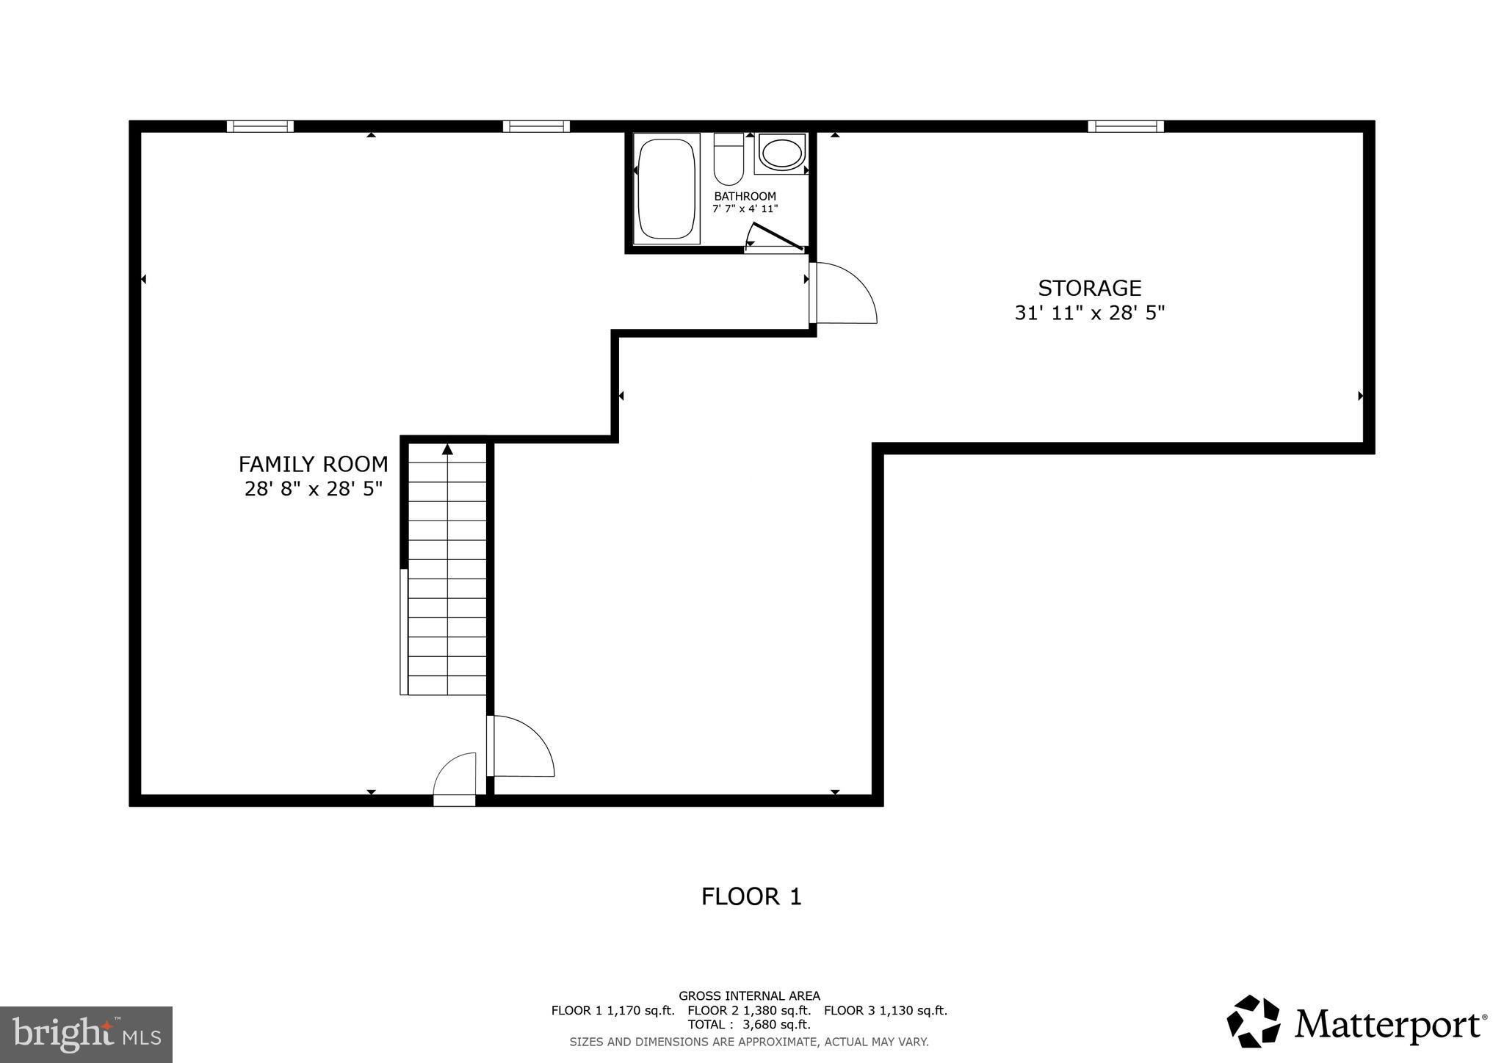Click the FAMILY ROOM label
313,464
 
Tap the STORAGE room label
1089,288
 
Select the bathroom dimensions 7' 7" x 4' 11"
745,209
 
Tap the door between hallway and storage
843,294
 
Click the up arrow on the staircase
447,449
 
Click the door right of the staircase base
520,747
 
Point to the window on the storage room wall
1125,126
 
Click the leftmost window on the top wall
260,126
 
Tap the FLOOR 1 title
751,897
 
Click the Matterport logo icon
1253,1021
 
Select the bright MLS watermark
86,1034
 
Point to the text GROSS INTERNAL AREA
748,996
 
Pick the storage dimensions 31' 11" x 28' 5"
1089,313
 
